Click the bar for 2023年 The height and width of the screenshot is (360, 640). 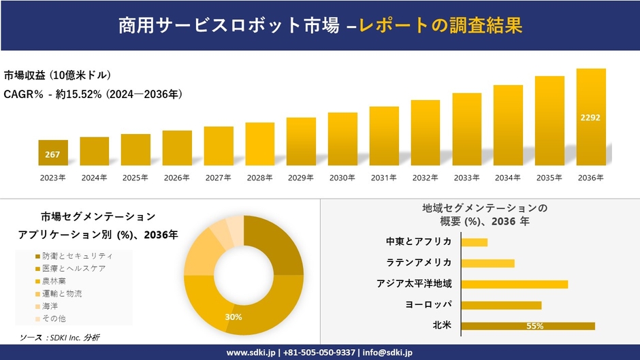coord(52,152)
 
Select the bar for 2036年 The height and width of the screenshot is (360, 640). coord(590,117)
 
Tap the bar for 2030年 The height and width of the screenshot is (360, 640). coord(342,139)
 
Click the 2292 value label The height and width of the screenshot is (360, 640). coord(590,118)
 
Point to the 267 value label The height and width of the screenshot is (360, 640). coord(52,154)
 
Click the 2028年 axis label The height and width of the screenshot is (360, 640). coord(259,178)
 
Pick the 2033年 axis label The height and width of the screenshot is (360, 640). coord(466,178)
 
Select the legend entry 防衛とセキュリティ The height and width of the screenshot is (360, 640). coord(76,256)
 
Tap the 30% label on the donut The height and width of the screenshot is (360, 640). coord(234,317)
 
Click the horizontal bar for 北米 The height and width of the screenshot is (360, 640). coord(528,326)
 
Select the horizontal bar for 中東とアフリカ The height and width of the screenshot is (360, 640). coord(474,242)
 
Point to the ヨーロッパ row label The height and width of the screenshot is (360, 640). coord(428,305)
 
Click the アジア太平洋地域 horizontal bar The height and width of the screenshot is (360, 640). coord(514,284)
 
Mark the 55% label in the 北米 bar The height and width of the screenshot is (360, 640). coord(534,326)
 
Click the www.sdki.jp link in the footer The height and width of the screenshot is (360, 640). coord(250,353)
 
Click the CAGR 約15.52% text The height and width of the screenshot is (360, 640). coord(93,94)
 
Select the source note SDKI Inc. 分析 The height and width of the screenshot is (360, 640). coord(61,338)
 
